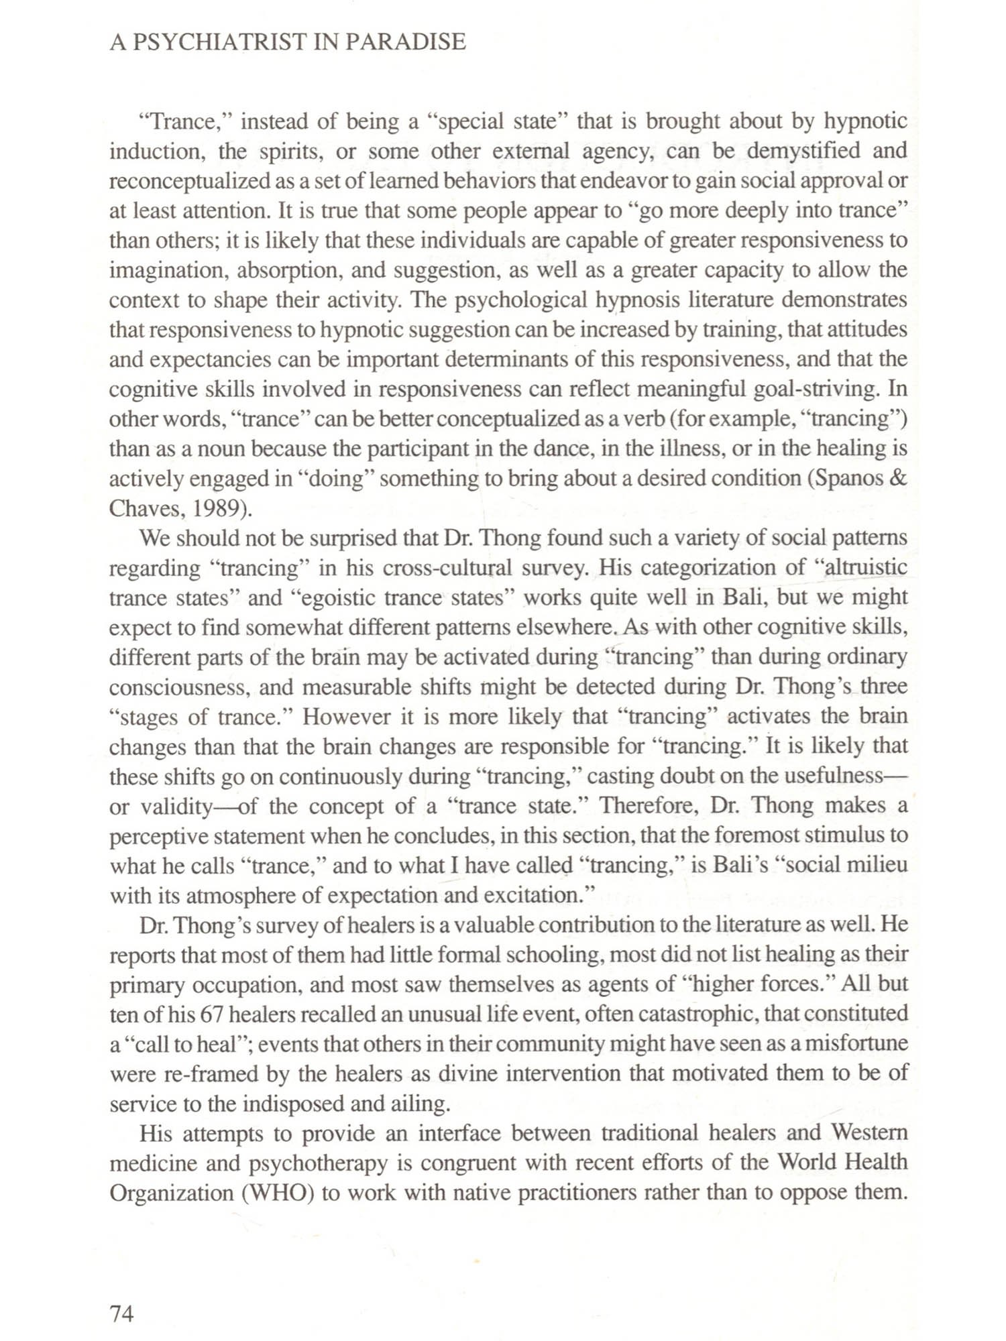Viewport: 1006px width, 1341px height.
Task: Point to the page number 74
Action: (x=121, y=1314)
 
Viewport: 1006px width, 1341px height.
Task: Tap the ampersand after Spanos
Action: (x=899, y=479)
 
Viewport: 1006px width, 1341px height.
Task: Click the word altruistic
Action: (x=866, y=568)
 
